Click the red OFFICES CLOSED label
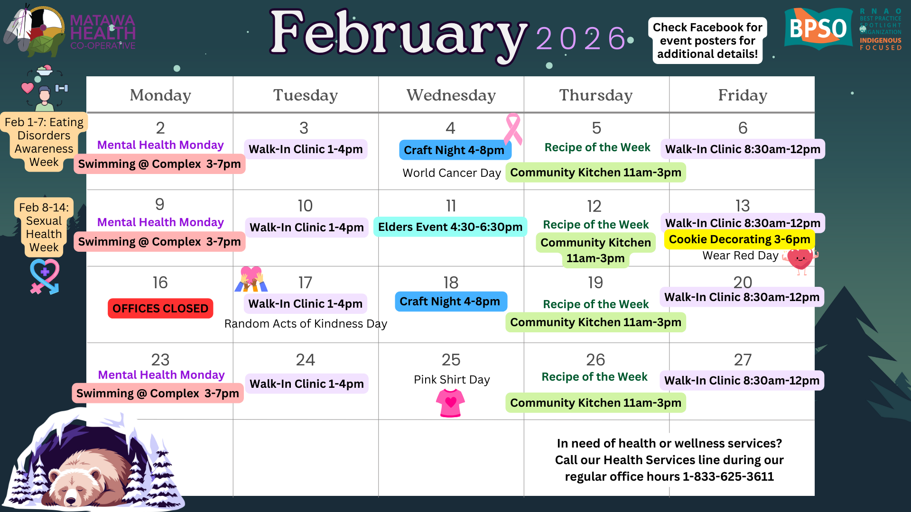(160, 308)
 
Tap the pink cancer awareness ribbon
(513, 129)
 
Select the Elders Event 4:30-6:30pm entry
(450, 227)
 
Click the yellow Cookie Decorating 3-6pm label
(739, 239)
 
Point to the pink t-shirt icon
(450, 403)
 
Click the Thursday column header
(596, 95)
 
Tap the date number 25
(451, 360)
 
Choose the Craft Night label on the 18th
(450, 302)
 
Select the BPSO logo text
(818, 28)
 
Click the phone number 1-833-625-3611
(728, 476)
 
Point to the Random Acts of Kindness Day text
(306, 324)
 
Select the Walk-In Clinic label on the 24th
(307, 384)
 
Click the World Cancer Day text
(452, 173)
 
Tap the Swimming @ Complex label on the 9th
(159, 242)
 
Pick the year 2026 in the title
(581, 38)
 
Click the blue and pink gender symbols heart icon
(45, 276)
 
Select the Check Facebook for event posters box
(707, 41)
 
